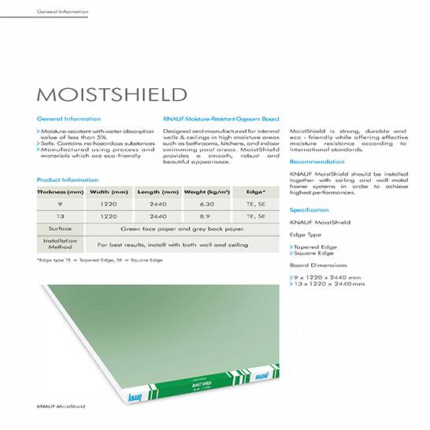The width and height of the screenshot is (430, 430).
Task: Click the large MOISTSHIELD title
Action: click(x=113, y=95)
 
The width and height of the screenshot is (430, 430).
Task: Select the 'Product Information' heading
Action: click(x=67, y=180)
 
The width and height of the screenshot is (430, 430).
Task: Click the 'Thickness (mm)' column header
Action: click(x=60, y=191)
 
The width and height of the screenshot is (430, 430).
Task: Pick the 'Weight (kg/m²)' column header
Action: click(x=206, y=191)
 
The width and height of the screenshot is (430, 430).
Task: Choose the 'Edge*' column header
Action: click(x=256, y=191)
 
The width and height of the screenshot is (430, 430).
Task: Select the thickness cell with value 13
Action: click(x=60, y=215)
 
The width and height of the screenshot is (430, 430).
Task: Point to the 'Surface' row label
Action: click(x=60, y=228)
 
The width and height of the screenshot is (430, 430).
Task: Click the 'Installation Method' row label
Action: click(x=60, y=244)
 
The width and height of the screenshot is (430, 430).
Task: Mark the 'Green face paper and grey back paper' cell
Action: click(x=181, y=228)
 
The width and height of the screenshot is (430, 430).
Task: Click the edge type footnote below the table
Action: click(x=99, y=260)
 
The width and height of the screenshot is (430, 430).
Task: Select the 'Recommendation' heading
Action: click(x=317, y=161)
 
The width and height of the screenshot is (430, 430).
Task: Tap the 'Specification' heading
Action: click(x=310, y=210)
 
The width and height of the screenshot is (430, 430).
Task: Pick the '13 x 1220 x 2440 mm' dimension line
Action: click(x=327, y=284)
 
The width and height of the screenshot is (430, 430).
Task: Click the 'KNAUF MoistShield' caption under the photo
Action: click(x=61, y=406)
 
